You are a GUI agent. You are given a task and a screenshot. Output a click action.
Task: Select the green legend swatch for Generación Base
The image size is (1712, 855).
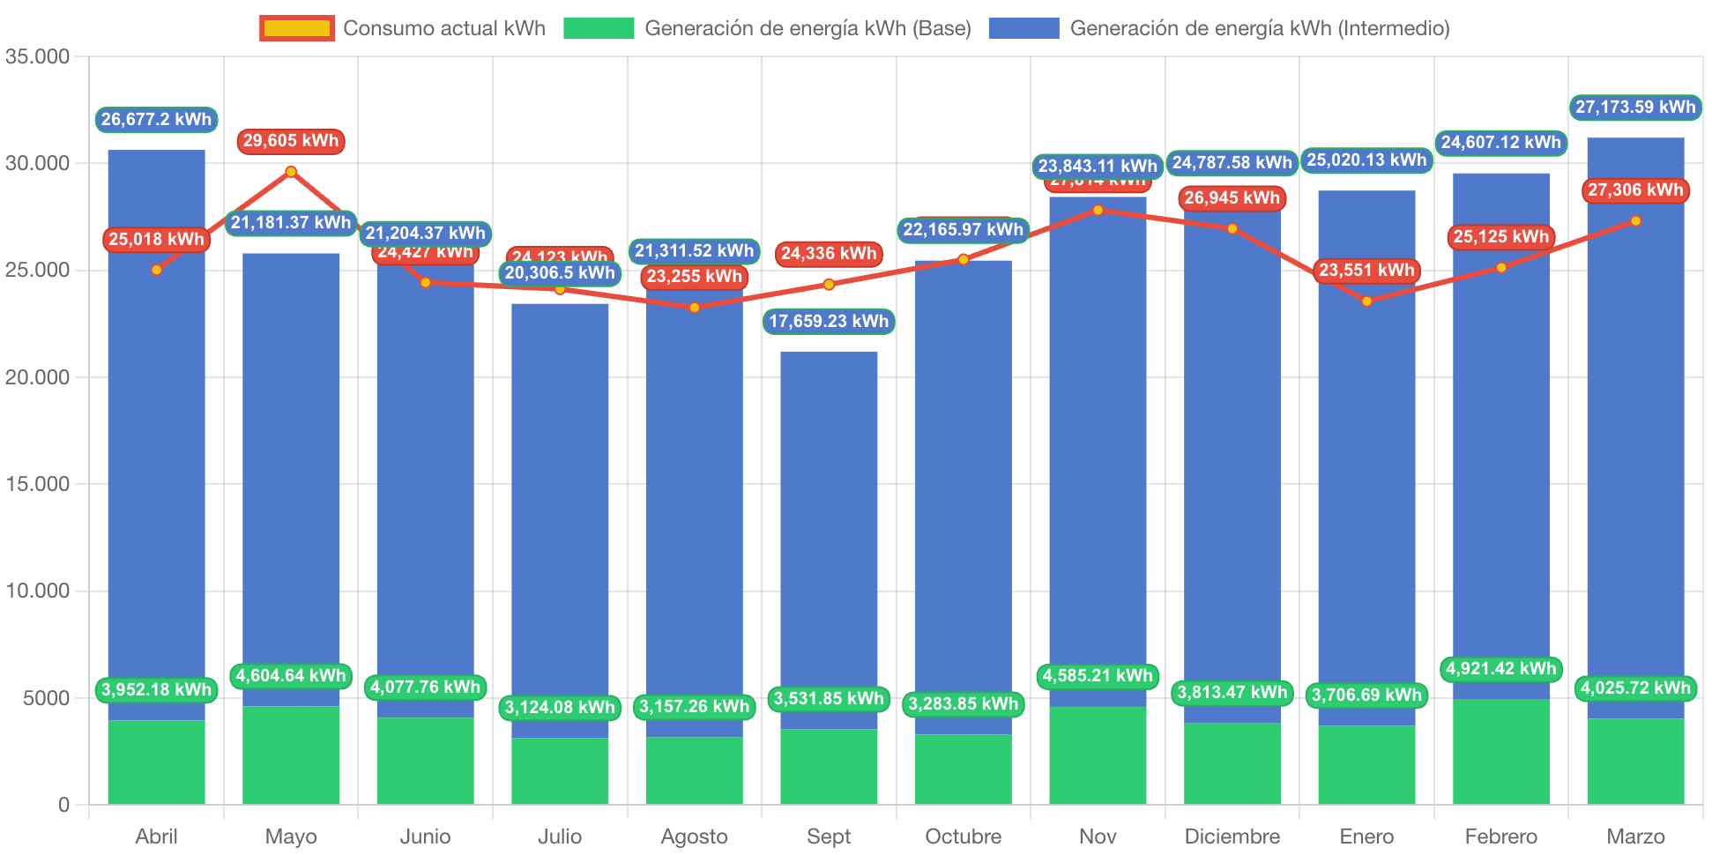[x=599, y=28]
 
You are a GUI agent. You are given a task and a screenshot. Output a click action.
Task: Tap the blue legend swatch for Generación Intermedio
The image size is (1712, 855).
[x=1023, y=28]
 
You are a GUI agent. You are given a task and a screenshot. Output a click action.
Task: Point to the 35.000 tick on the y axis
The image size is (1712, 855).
[x=37, y=57]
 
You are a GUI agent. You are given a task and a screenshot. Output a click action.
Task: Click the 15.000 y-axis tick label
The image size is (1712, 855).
[x=37, y=484]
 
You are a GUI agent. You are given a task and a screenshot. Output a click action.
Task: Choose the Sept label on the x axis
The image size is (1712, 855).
[x=829, y=836]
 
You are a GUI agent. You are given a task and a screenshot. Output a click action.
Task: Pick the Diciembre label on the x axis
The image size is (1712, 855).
[x=1232, y=836]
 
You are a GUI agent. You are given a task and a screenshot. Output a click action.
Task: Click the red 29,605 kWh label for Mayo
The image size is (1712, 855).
[x=291, y=141]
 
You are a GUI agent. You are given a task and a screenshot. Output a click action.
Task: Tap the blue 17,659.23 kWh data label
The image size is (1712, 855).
[x=829, y=322]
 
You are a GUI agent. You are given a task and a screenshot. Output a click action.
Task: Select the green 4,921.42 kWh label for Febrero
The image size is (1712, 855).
[x=1501, y=669]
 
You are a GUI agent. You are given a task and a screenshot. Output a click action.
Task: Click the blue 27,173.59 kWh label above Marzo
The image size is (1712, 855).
[x=1635, y=108]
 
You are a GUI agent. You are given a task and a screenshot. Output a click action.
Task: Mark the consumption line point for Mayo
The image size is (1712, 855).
[x=291, y=172]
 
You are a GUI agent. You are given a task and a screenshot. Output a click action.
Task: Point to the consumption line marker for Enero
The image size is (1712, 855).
[x=1366, y=301]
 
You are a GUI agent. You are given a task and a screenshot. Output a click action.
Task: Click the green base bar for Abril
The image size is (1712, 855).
[x=156, y=762]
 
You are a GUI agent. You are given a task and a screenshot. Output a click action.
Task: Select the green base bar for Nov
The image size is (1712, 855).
[x=1098, y=755]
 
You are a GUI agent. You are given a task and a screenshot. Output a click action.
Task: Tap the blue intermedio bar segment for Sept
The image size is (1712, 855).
[x=829, y=529]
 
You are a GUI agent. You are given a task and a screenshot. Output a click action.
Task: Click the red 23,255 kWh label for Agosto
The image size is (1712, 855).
[x=695, y=277]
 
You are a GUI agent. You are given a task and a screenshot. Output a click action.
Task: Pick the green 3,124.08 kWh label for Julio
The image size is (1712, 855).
[x=560, y=708]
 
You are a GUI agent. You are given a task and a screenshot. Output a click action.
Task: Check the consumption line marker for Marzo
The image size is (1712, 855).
[x=1635, y=221]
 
